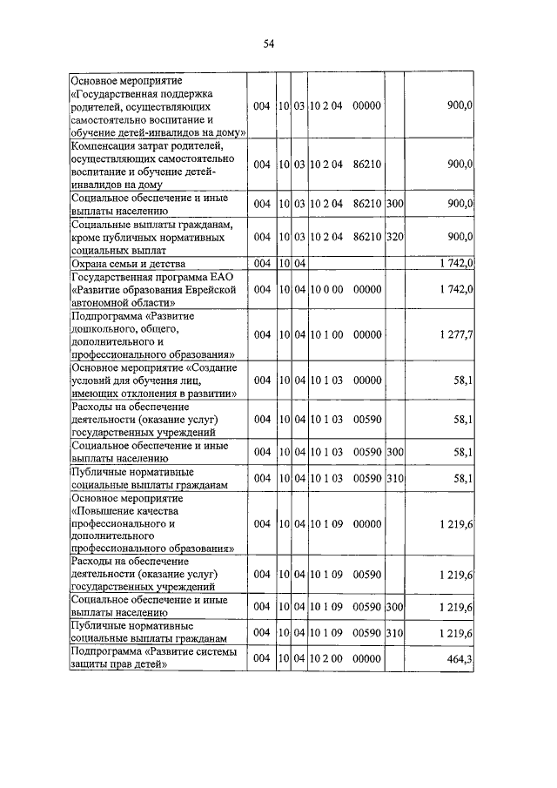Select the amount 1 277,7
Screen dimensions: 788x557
click(x=452, y=335)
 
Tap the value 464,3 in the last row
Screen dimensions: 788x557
click(x=458, y=661)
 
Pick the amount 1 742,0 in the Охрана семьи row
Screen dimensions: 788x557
click(x=452, y=263)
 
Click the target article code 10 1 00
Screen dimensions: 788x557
click(x=327, y=335)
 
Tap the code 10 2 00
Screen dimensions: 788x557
click(x=327, y=661)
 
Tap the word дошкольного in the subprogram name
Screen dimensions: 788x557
click(x=107, y=329)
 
